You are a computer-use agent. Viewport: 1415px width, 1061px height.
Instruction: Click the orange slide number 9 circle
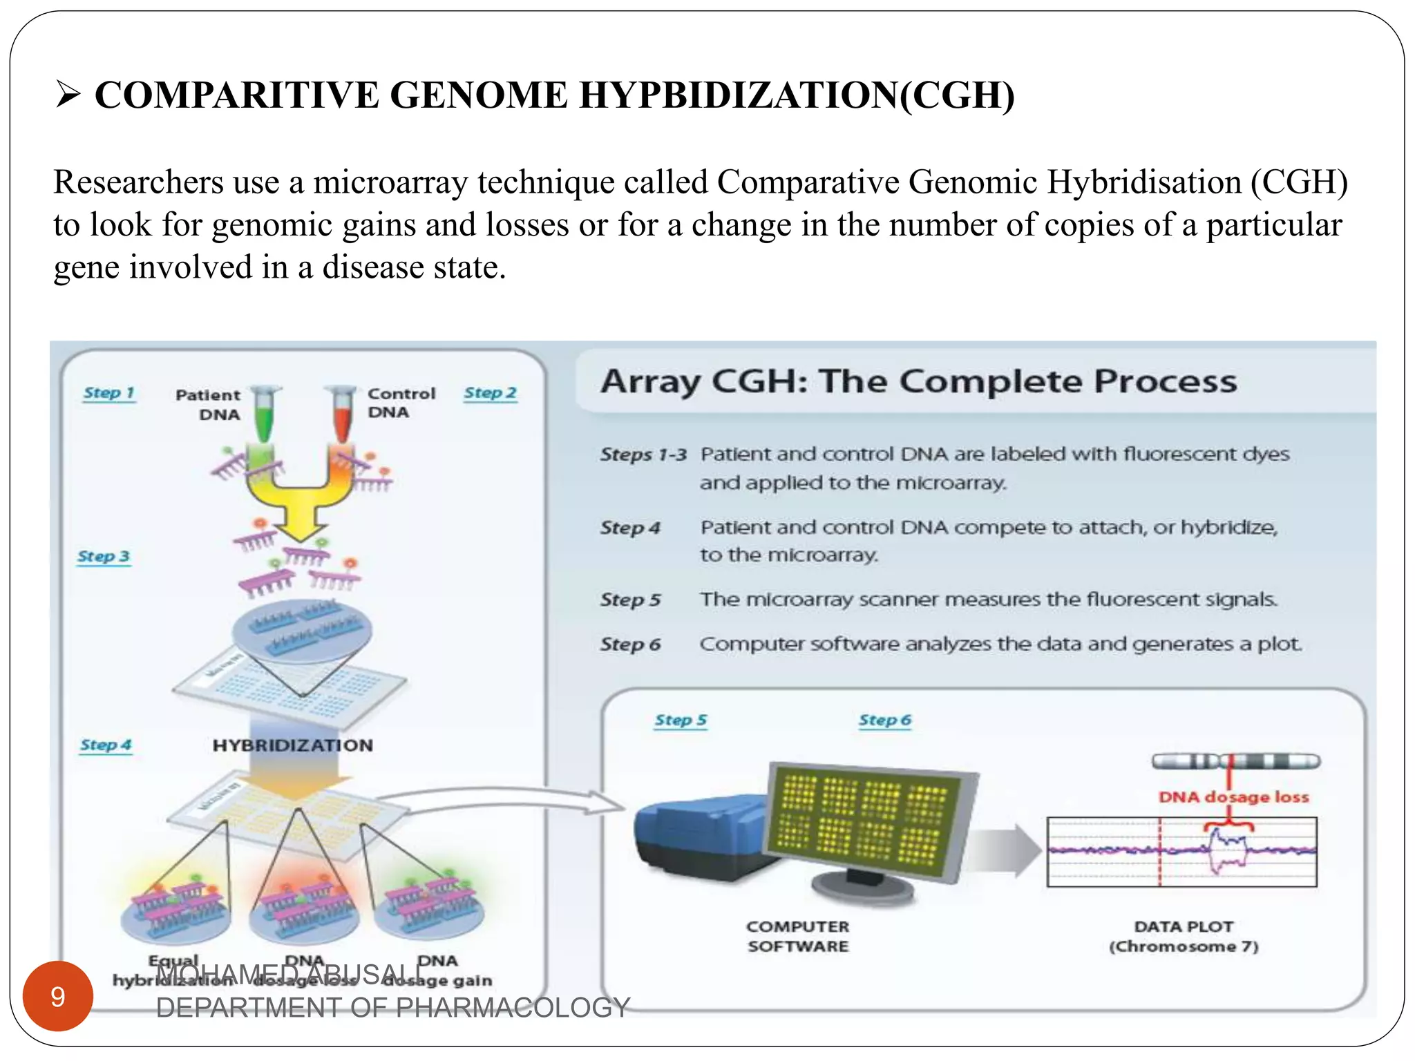coord(58,996)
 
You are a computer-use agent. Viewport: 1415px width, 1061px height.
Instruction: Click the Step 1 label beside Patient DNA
coord(108,393)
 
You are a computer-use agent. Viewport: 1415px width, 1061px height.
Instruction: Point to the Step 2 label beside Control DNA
coord(490,393)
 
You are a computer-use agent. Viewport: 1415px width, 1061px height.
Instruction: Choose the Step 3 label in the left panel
coord(104,557)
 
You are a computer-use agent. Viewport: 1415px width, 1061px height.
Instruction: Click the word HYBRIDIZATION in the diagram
coord(292,745)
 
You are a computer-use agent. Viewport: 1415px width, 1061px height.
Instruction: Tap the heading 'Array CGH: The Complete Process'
coord(918,381)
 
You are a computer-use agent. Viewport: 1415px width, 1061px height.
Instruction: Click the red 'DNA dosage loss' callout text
coord(1233,797)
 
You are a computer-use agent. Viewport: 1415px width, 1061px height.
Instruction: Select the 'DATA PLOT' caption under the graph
coord(1183,927)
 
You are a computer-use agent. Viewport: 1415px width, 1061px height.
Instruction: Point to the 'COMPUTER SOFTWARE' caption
coord(798,936)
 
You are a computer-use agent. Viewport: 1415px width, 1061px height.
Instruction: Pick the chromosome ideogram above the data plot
coord(1235,762)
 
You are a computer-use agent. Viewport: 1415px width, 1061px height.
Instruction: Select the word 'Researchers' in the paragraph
coord(138,183)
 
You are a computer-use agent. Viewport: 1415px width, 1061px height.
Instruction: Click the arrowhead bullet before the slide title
coord(68,95)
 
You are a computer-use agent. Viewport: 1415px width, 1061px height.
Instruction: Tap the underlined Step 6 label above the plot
coord(884,720)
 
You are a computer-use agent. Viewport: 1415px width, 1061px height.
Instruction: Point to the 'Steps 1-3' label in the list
coord(643,455)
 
